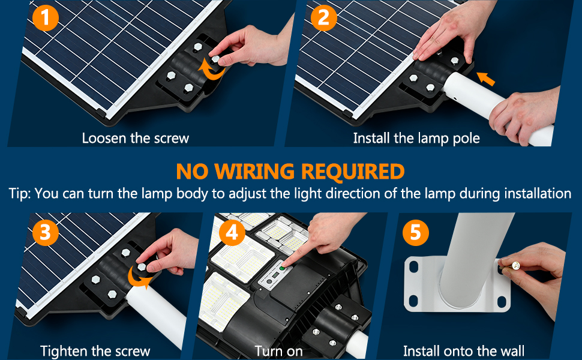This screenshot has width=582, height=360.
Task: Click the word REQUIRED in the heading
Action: click(352, 172)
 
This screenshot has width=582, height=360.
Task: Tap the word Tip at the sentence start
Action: click(19, 194)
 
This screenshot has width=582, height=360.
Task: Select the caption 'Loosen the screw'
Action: click(135, 138)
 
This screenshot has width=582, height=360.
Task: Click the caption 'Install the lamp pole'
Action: click(416, 138)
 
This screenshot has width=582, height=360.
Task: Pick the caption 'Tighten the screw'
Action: click(95, 350)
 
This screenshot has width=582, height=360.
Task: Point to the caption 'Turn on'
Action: click(278, 350)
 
